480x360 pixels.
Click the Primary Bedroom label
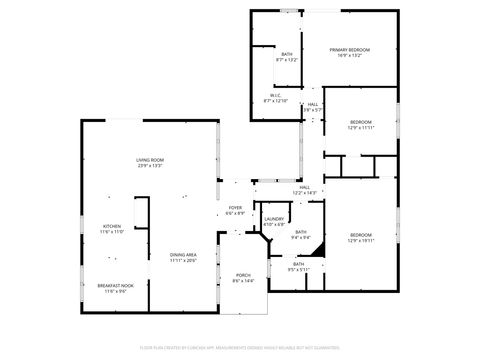pyautogui.click(x=350, y=49)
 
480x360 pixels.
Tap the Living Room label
pyautogui.click(x=150, y=160)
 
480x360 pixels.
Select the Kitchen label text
pyautogui.click(x=112, y=226)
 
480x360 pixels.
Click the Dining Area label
pyautogui.click(x=182, y=255)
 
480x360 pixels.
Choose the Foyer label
pyautogui.click(x=235, y=207)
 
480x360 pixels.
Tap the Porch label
pyautogui.click(x=243, y=275)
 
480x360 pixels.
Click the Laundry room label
pyautogui.click(x=273, y=219)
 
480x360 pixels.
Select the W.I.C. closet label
pyautogui.click(x=275, y=96)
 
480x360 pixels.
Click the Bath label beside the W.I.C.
pyautogui.click(x=287, y=54)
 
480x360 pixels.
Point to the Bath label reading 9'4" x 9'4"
pyautogui.click(x=300, y=231)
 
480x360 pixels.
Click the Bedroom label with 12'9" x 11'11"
pyautogui.click(x=360, y=122)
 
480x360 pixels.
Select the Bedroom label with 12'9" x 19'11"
pyautogui.click(x=360, y=235)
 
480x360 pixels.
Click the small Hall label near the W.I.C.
pyautogui.click(x=313, y=104)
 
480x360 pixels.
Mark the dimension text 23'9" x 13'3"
pyautogui.click(x=150, y=165)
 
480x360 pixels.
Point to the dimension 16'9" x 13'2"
pyautogui.click(x=350, y=55)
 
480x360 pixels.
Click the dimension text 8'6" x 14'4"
pyautogui.click(x=243, y=281)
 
